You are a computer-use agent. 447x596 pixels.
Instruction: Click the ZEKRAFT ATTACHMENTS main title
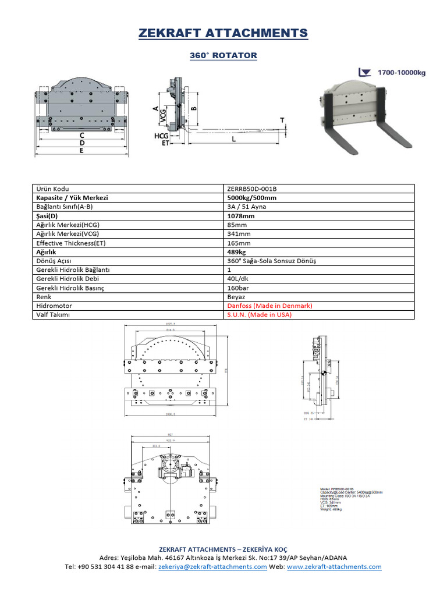click(223, 33)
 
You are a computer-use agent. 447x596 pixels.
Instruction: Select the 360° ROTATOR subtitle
click(223, 55)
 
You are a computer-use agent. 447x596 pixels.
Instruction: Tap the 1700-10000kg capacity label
click(402, 73)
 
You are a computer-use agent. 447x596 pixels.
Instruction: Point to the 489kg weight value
click(237, 252)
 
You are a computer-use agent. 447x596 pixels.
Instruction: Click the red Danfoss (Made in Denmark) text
click(270, 306)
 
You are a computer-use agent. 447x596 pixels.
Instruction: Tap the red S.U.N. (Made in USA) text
click(260, 315)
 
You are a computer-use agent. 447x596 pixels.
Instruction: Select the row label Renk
click(44, 297)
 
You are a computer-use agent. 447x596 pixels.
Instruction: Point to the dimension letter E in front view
click(81, 150)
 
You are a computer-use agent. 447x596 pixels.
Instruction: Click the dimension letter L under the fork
click(233, 140)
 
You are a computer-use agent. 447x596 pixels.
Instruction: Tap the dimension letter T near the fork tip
click(282, 120)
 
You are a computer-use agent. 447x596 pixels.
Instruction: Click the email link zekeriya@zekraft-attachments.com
click(212, 566)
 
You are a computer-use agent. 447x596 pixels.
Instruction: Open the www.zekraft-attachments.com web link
click(334, 566)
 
